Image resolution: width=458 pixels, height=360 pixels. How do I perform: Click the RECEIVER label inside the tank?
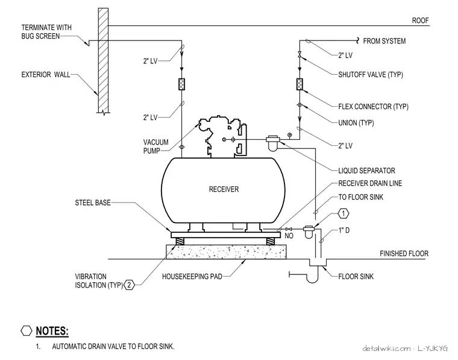224,189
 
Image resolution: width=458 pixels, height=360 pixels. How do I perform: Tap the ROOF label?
420,21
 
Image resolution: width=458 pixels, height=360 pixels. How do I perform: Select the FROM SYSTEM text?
384,41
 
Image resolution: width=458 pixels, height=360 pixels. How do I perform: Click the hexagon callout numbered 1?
343,213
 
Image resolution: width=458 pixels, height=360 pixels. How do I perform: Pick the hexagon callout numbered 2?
130,285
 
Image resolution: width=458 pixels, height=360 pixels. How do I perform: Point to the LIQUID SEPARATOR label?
366,171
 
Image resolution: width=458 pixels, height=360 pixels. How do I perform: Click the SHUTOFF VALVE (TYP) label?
371,75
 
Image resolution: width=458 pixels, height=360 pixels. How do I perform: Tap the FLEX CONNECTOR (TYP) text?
373,106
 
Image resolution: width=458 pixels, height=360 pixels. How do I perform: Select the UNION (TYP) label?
356,123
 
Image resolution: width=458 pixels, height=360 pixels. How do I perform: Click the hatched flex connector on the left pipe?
181,84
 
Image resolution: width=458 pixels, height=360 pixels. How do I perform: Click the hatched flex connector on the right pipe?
300,84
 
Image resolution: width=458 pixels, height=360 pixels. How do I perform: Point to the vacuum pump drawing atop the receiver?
222,136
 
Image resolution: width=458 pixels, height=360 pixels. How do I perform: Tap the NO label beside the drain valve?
289,236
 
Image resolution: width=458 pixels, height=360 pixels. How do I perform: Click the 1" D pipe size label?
344,230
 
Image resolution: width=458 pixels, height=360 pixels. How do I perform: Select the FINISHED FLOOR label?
404,253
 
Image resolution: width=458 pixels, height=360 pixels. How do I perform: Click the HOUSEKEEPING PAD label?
192,276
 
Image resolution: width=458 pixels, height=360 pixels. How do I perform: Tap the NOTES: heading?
52,331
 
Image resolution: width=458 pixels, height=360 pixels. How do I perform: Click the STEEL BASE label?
93,203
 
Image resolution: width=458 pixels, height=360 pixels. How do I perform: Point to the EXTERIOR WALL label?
46,75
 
